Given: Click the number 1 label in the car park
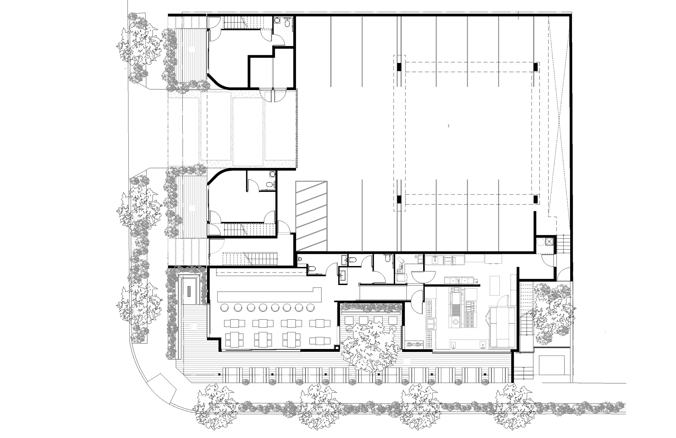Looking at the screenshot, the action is (449, 126).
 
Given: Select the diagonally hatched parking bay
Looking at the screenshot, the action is (311, 216).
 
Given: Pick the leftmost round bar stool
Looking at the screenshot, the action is (224, 308).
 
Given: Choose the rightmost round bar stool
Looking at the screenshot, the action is (310, 308).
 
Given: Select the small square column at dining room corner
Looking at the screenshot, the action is (337, 348).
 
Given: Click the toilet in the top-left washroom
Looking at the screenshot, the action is (287, 21).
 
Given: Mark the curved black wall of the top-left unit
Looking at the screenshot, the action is (219, 82).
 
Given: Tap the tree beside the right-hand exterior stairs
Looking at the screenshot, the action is (554, 313).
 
